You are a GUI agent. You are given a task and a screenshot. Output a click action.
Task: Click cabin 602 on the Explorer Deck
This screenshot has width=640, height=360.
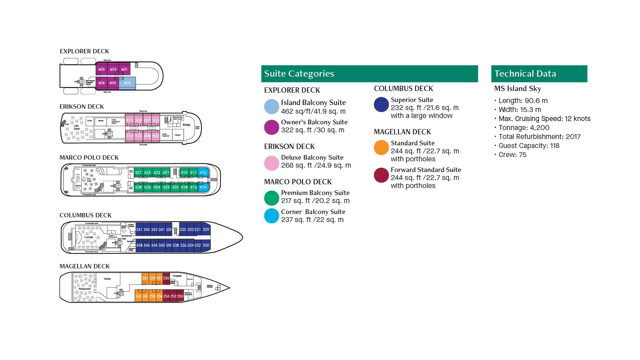[127, 83]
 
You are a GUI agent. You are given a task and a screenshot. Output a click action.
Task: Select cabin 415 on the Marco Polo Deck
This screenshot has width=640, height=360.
[203, 173]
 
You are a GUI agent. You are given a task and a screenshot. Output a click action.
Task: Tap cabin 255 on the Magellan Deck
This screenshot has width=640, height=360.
[166, 278]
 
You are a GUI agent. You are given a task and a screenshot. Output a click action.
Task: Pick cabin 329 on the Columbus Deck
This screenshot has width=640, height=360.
[206, 230]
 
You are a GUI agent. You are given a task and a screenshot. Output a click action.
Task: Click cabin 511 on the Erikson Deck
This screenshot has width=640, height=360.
[130, 120]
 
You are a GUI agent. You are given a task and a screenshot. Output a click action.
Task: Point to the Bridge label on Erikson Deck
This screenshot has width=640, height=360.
[186, 125]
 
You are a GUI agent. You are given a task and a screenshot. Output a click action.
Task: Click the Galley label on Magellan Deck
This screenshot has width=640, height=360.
[107, 279]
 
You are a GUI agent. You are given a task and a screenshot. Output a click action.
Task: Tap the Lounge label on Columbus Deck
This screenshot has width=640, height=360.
[89, 237]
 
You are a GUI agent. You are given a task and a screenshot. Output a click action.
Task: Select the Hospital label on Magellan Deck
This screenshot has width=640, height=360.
[177, 276]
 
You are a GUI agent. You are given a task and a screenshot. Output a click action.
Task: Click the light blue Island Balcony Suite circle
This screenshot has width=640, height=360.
[272, 107]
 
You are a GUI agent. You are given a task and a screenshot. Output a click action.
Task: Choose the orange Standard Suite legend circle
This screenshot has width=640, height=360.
[381, 148]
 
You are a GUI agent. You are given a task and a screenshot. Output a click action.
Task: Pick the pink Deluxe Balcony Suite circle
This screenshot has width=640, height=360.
[272, 163]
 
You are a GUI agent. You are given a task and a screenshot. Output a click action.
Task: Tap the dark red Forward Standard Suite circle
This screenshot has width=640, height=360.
[381, 175]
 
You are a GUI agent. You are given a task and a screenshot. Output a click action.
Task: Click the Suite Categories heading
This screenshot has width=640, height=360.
[299, 74]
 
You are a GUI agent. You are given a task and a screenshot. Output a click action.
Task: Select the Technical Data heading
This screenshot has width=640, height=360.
[525, 74]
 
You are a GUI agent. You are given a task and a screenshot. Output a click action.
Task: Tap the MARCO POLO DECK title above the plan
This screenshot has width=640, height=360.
[89, 158]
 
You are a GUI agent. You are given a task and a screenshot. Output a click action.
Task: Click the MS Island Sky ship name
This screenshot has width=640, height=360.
[517, 89]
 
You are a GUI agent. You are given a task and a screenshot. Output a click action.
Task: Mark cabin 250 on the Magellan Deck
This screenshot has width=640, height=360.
[180, 296]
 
